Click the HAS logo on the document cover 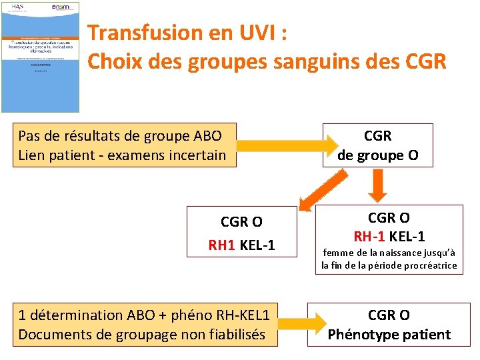coord(17,7)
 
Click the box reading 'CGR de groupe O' coord(377,145)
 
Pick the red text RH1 coord(222,245)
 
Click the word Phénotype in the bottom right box coord(361,334)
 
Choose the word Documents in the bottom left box coord(51,334)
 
